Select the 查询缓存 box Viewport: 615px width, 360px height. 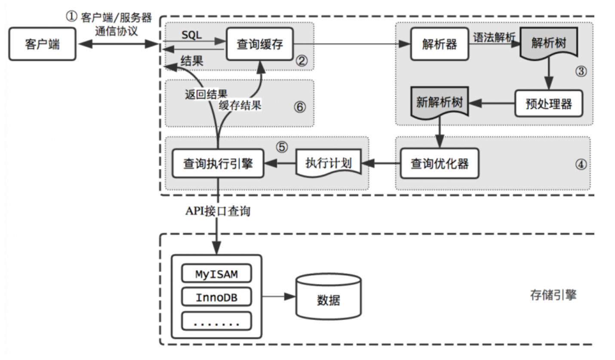260,43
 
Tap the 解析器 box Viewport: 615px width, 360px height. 439,44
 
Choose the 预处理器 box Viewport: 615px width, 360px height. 549,104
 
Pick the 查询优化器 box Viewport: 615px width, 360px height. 439,163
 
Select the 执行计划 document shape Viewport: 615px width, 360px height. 329,163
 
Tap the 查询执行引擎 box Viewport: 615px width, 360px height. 218,163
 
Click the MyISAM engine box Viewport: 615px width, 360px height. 216,274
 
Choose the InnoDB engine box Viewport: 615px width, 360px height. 216,297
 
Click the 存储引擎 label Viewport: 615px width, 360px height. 553,295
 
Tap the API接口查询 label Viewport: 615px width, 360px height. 218,211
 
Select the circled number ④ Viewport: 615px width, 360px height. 581,164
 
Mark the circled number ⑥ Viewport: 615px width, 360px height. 300,107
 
